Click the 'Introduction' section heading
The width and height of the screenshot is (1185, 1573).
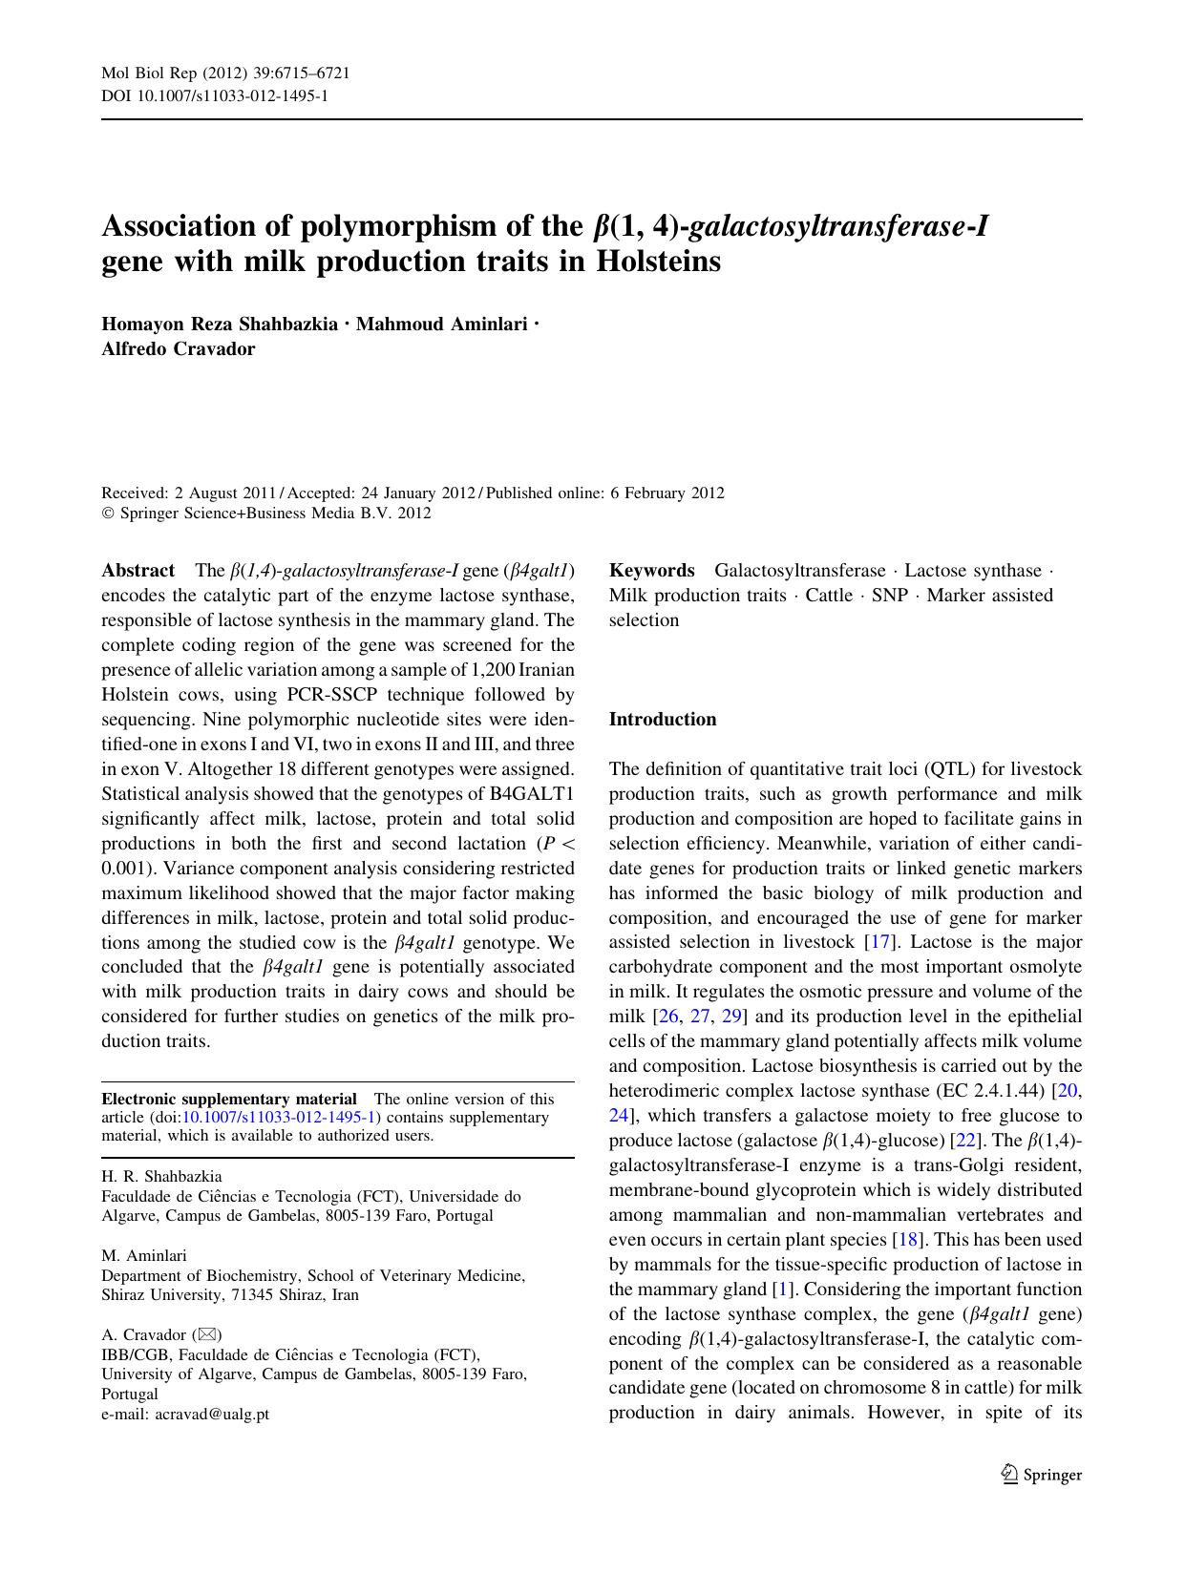point(662,720)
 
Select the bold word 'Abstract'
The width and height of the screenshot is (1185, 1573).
point(138,571)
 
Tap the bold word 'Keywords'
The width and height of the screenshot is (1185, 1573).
point(651,571)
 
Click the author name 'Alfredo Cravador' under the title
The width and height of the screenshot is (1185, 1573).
point(178,348)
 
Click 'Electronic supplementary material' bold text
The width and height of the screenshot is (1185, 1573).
point(229,1099)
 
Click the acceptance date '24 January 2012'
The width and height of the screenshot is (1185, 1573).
point(417,493)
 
